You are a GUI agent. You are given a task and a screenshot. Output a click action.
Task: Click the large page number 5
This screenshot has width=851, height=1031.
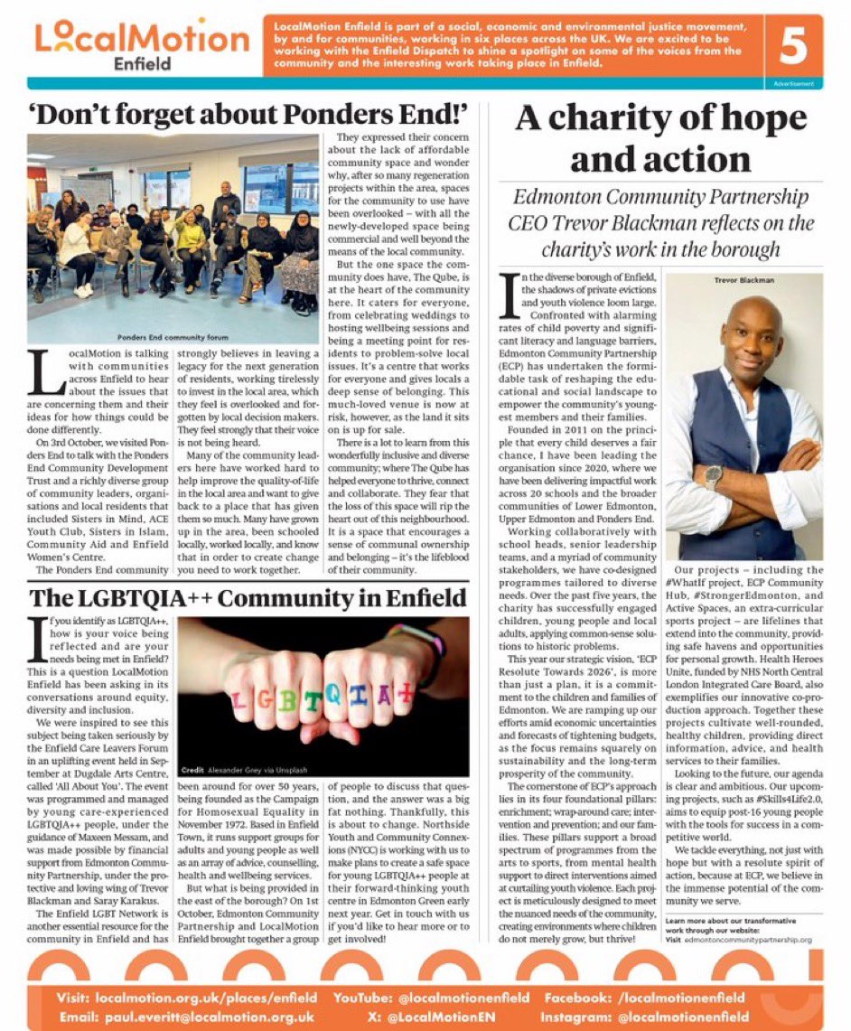coord(792,47)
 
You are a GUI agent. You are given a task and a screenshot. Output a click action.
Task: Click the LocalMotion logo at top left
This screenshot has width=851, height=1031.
coord(141,38)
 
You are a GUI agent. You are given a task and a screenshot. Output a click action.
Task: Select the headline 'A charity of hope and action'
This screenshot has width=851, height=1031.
coord(661,138)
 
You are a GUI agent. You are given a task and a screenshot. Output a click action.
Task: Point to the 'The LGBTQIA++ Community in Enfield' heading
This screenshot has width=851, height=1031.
coord(248,597)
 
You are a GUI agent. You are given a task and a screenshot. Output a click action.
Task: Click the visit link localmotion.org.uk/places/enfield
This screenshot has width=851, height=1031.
coord(200,998)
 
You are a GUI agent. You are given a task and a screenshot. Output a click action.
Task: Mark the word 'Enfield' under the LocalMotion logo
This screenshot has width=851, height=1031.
coord(141,65)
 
